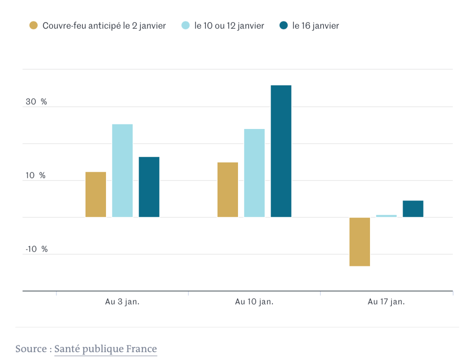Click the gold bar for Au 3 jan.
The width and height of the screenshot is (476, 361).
pos(96,194)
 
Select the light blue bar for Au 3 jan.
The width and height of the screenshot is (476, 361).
pos(122,170)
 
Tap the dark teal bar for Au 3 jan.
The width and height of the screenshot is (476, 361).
pos(149,187)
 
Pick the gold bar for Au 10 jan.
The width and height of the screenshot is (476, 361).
pos(228,190)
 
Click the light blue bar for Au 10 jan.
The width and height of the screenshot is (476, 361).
pos(254,173)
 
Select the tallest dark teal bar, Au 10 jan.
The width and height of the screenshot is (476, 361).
pos(281,151)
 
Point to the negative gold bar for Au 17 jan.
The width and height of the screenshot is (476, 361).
pos(360,242)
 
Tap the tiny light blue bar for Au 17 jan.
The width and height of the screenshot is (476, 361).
pos(386,216)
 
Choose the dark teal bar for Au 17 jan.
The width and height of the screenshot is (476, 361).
pos(413,209)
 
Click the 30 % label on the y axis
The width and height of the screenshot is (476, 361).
pos(36,102)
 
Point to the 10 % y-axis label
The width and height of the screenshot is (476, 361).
pos(36,176)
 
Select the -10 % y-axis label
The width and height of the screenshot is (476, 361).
pos(37,250)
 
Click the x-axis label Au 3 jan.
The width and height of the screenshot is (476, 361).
pos(122,302)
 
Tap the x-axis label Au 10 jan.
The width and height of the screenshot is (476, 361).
pos(254,302)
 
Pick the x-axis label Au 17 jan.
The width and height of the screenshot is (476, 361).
pos(386,302)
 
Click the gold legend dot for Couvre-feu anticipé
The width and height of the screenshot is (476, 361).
pos(33,26)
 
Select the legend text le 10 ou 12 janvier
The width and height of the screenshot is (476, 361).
pos(229,26)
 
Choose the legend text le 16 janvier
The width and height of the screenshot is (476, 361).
pos(316,26)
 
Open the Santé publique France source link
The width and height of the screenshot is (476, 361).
pos(106,349)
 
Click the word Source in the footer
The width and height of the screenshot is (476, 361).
pos(31,349)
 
